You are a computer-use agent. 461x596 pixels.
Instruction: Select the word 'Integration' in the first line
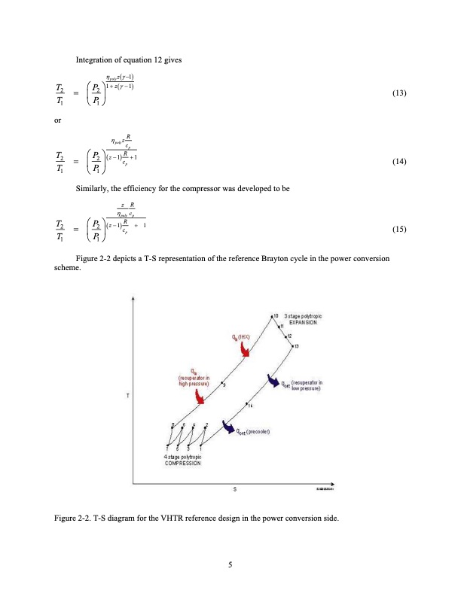(x=96, y=59)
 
